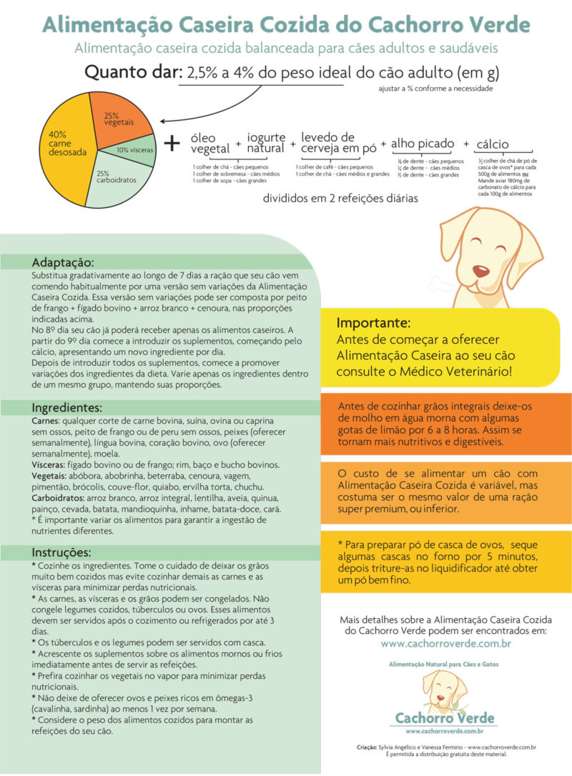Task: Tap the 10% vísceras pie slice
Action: [136, 151]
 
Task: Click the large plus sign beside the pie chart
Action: [172, 143]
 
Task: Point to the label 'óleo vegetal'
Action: [210, 144]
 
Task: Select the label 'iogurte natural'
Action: [265, 142]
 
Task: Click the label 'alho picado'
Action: [423, 144]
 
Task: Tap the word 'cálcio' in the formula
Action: [496, 144]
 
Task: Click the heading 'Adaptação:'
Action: [63, 262]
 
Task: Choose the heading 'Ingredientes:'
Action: [67, 408]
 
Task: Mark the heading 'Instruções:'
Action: [61, 553]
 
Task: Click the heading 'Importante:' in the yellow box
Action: [373, 322]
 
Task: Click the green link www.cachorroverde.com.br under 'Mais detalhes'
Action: [445, 643]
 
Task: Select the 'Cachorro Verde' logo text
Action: [446, 717]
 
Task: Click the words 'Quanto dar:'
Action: [132, 73]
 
